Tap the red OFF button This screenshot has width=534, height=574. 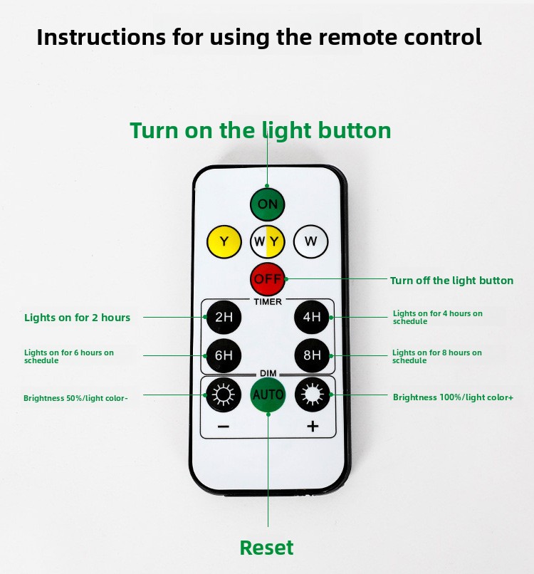pyautogui.click(x=268, y=279)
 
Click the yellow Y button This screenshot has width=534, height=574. pyautogui.click(x=224, y=242)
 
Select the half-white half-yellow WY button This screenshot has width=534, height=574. pyautogui.click(x=268, y=242)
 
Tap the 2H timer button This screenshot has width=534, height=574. pyautogui.click(x=224, y=317)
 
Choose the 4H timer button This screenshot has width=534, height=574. pyautogui.click(x=312, y=317)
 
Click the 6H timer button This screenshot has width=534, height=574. pyautogui.click(x=224, y=355)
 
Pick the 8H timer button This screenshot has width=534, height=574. pyautogui.click(x=312, y=355)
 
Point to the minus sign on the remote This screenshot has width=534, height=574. pyautogui.click(x=224, y=427)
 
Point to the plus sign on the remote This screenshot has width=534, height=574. pyautogui.click(x=312, y=427)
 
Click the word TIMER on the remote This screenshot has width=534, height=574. pyautogui.click(x=268, y=302)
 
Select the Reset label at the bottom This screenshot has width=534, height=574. pyautogui.click(x=266, y=548)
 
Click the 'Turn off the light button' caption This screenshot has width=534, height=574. pyautogui.click(x=451, y=281)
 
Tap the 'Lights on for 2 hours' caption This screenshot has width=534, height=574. pyautogui.click(x=77, y=318)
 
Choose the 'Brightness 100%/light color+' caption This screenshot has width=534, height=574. pyautogui.click(x=453, y=397)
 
